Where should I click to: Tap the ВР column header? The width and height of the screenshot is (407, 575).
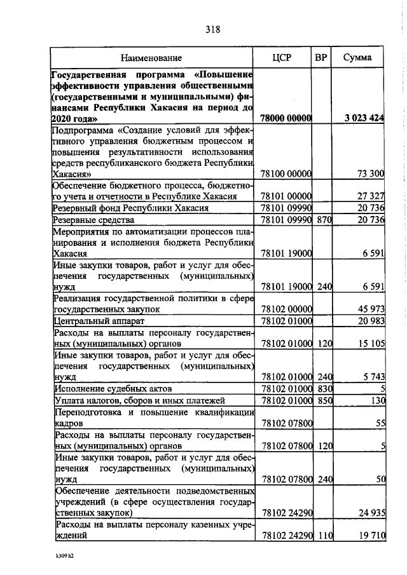click(322, 58)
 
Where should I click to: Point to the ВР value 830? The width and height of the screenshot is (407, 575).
click(324, 389)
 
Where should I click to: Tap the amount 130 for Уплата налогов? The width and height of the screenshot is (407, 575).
click(378, 401)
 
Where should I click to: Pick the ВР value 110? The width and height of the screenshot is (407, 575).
click(324, 536)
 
